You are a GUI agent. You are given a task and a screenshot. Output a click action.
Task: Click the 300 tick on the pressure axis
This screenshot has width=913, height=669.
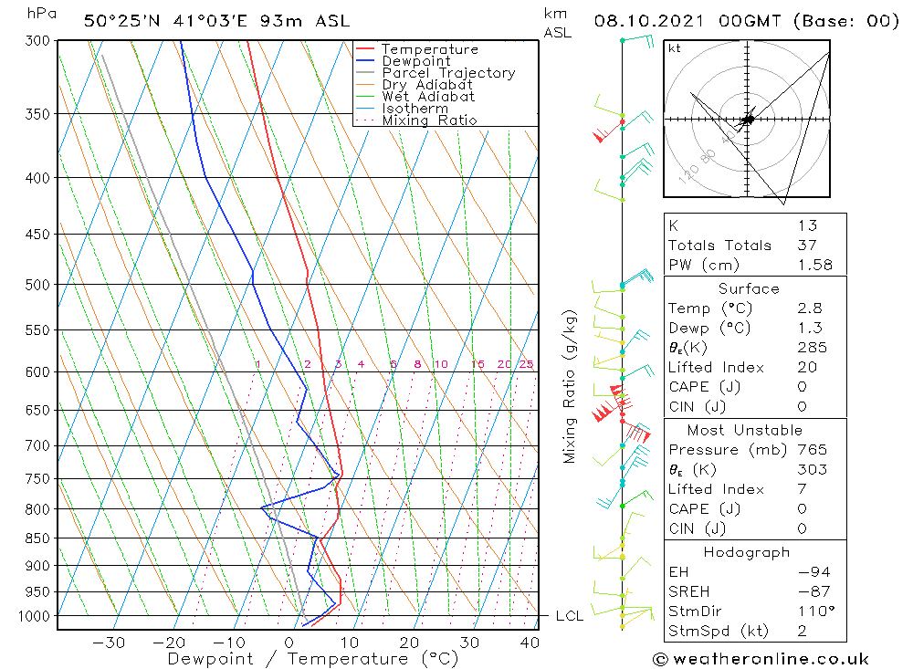(37, 41)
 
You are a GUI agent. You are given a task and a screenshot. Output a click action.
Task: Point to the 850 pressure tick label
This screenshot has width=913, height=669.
(37, 538)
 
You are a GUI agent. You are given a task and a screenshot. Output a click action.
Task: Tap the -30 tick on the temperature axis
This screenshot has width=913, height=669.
(109, 643)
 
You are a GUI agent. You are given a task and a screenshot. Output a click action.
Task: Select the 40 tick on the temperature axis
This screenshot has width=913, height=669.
(530, 643)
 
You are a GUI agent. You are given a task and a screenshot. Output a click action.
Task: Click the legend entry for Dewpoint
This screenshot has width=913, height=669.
(415, 61)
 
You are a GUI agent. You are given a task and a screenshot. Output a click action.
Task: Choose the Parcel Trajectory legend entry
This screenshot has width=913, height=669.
(447, 73)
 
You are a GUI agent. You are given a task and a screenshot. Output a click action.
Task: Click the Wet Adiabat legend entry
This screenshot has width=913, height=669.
(427, 97)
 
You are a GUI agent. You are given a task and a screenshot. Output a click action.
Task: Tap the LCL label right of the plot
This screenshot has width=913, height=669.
(570, 616)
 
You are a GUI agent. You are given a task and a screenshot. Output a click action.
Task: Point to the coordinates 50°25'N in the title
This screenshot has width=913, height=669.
(120, 21)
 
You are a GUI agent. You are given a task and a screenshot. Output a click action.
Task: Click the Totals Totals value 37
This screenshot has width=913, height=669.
(807, 245)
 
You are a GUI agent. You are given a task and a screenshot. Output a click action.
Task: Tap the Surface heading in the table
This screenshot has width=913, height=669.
(749, 288)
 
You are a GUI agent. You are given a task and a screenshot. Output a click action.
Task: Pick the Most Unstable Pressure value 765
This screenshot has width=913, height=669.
(812, 449)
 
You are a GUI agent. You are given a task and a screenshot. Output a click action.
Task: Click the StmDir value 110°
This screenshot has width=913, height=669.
(811, 611)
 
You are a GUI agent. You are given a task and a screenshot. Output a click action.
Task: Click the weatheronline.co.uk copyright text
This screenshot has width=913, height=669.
(761, 659)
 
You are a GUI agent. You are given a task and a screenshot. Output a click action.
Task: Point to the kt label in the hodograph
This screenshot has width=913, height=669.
(675, 48)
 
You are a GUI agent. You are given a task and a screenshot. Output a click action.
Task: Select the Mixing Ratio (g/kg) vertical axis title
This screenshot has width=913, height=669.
(571, 386)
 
